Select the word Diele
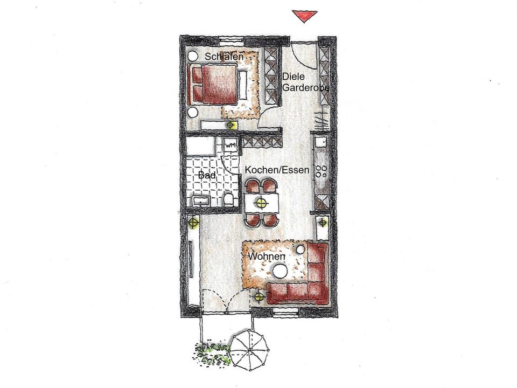[x=293, y=77]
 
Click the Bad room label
[x=207, y=176]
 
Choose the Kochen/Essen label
[x=277, y=170]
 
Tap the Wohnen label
[x=266, y=257]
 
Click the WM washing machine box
[x=230, y=145]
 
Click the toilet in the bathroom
[x=229, y=199]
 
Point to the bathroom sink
[x=202, y=201]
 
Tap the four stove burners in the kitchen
[x=322, y=171]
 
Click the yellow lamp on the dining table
[x=261, y=203]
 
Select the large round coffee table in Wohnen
[x=279, y=273]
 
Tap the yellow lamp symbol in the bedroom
[x=231, y=125]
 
